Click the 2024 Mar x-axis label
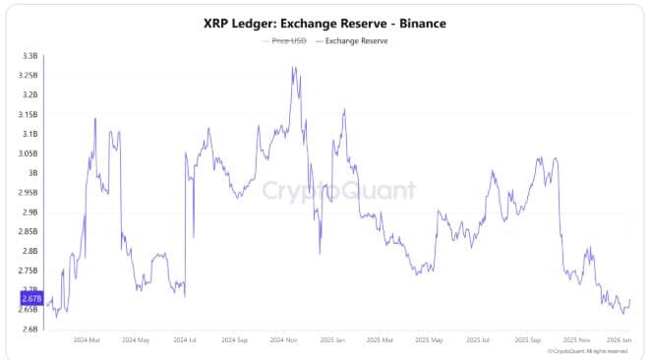[x=87, y=341]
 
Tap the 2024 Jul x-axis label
[x=185, y=341]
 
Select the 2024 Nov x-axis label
[x=285, y=341]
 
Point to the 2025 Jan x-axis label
[x=333, y=341]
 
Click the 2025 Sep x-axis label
[x=529, y=341]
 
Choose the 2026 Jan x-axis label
[x=620, y=341]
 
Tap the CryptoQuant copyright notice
[x=587, y=351]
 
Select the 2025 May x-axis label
[x=431, y=341]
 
